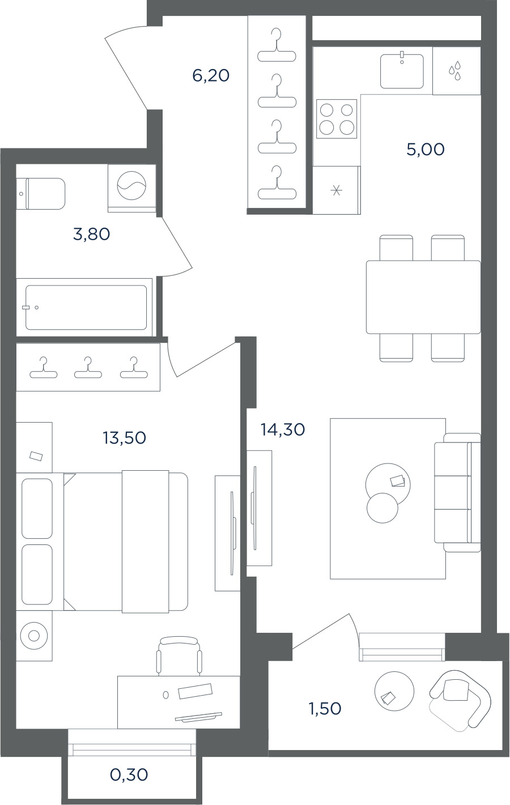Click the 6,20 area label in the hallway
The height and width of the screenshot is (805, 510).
211,76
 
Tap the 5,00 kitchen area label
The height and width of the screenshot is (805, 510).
426,149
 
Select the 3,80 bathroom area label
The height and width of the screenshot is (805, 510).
91,235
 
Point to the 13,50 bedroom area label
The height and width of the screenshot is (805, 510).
124,438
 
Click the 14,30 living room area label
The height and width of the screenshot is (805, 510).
283,429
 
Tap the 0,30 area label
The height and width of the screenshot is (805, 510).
129,774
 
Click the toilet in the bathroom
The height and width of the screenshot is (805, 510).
41,193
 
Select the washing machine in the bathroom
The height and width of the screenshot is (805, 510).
131,188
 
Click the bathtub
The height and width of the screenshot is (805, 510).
86,308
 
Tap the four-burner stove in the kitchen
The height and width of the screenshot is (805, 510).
337,119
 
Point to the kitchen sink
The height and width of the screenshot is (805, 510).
402,71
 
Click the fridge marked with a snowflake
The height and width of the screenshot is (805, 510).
337,190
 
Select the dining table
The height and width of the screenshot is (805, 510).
423,297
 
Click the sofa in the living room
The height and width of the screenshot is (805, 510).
457,492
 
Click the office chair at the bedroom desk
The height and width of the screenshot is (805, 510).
179,656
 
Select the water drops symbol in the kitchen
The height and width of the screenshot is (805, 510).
455,70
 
